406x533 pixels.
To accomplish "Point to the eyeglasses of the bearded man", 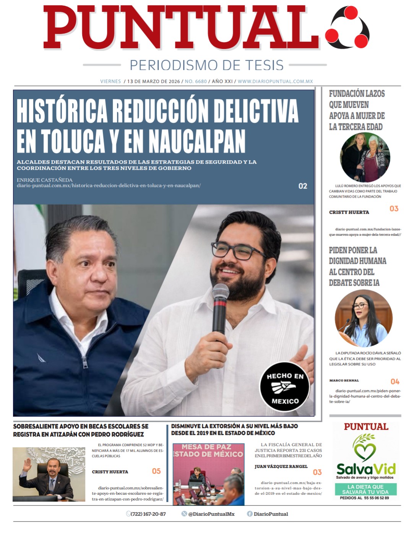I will [237, 253].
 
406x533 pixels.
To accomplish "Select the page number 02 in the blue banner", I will [303, 186].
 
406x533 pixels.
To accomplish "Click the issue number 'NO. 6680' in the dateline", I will [196, 81].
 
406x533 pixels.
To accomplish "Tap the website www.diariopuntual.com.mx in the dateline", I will [275, 81].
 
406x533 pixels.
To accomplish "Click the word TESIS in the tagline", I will [264, 65].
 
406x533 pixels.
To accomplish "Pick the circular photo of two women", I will [365, 157].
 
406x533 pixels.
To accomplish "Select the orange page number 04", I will [395, 382].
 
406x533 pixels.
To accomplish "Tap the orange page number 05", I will [156, 471].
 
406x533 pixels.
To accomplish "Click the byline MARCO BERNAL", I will [344, 381].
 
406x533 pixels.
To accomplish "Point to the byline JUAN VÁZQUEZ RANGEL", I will [281, 466].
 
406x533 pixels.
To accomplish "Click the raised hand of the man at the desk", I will [27, 465].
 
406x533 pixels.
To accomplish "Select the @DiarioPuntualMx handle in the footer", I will [211, 514].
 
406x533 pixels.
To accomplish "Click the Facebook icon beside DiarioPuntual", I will [250, 514].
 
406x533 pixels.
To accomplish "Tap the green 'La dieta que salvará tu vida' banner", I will [365, 489].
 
